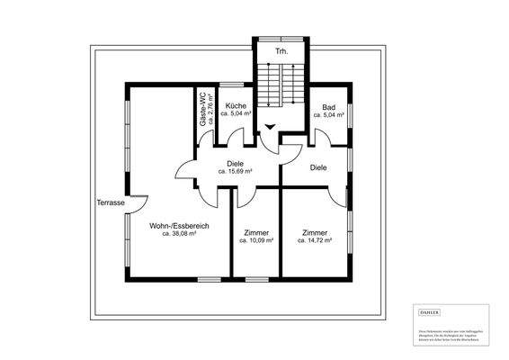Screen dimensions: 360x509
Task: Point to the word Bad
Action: pos(328,106)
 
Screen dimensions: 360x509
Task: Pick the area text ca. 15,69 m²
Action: pos(236,170)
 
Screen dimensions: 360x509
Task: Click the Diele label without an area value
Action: pos(318,167)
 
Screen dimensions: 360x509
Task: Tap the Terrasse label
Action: pos(111,203)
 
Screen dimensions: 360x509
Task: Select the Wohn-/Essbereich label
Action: pos(180,226)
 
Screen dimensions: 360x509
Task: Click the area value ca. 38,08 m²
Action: pos(180,234)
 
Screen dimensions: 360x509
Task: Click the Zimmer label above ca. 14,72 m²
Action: pos(315,232)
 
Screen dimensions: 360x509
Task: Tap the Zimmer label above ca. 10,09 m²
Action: pos(256,232)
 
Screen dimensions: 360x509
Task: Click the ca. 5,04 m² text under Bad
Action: pos(329,115)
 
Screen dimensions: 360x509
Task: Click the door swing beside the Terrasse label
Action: pos(138,204)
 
